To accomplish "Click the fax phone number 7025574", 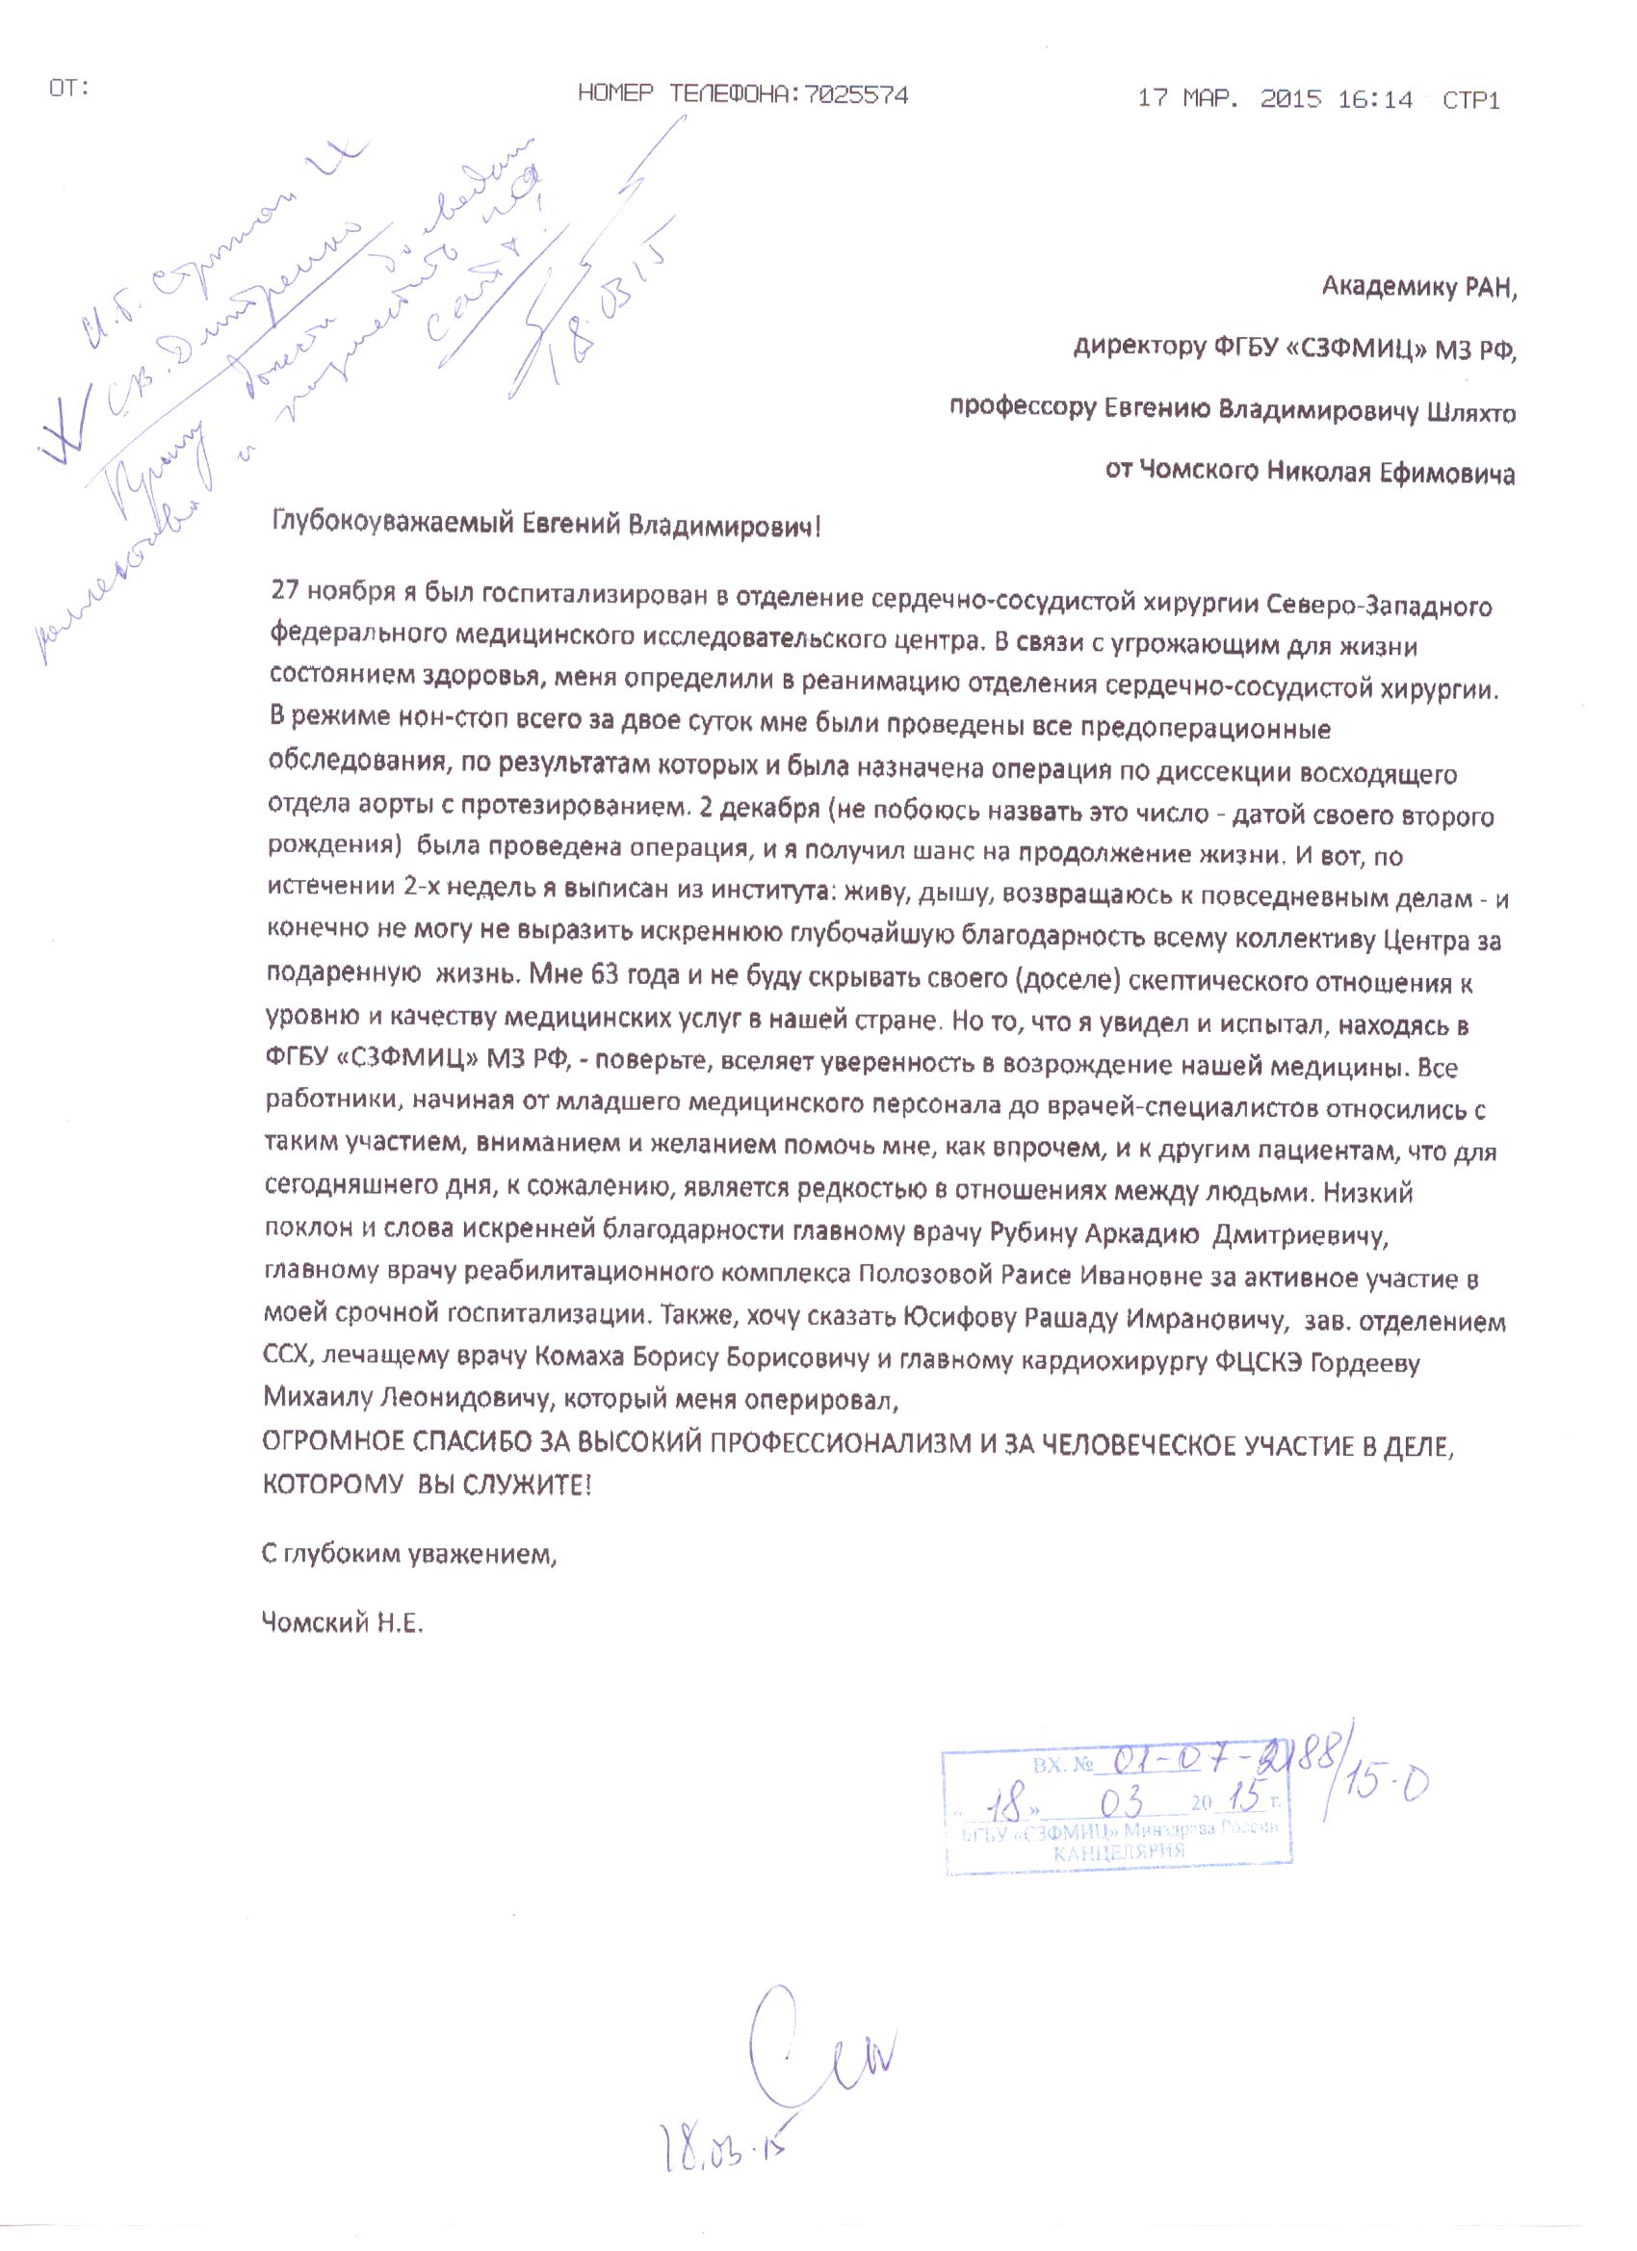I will pyautogui.click(x=856, y=95).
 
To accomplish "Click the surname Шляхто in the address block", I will pyautogui.click(x=1470, y=412).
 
